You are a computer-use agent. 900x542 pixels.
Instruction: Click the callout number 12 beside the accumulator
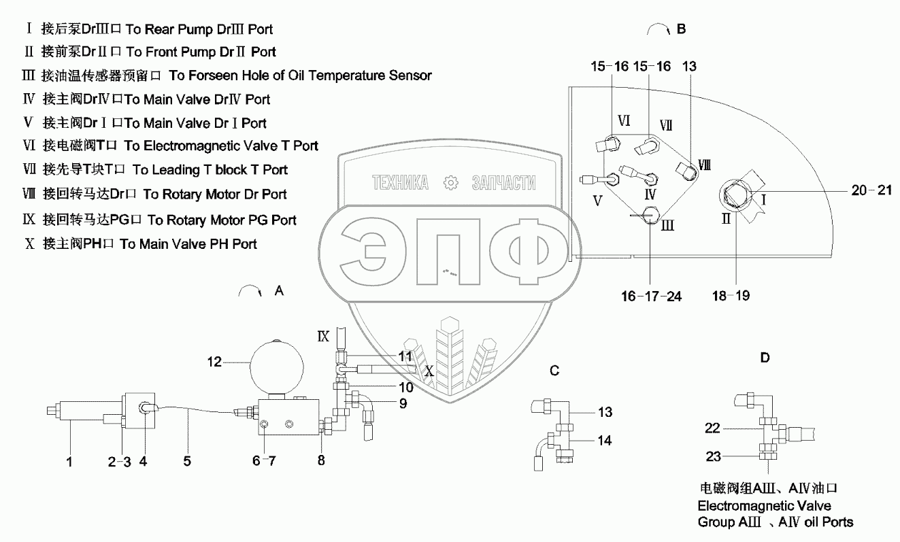[214, 362]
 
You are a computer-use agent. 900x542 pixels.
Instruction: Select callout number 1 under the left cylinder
[69, 462]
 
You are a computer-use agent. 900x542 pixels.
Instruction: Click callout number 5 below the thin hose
[186, 462]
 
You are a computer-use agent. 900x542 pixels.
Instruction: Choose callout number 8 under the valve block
[322, 462]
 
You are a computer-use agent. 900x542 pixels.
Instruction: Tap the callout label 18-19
[731, 296]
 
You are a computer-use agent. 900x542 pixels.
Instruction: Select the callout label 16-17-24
[652, 296]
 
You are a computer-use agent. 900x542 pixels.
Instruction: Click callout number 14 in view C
[603, 441]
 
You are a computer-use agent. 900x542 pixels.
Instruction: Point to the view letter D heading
[765, 357]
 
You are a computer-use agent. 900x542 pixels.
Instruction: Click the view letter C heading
[554, 371]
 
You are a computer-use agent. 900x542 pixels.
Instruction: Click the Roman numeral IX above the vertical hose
[323, 335]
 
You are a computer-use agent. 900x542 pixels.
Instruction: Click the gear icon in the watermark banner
[450, 183]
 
